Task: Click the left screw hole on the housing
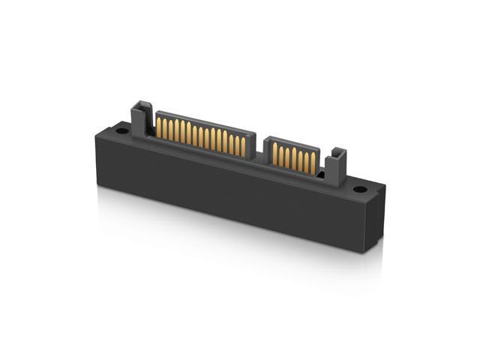(121, 130)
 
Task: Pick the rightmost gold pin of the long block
(242, 145)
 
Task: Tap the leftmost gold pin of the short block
(274, 153)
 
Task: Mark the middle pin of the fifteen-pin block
(200, 136)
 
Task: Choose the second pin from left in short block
(281, 154)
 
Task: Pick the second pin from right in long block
(236, 144)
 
